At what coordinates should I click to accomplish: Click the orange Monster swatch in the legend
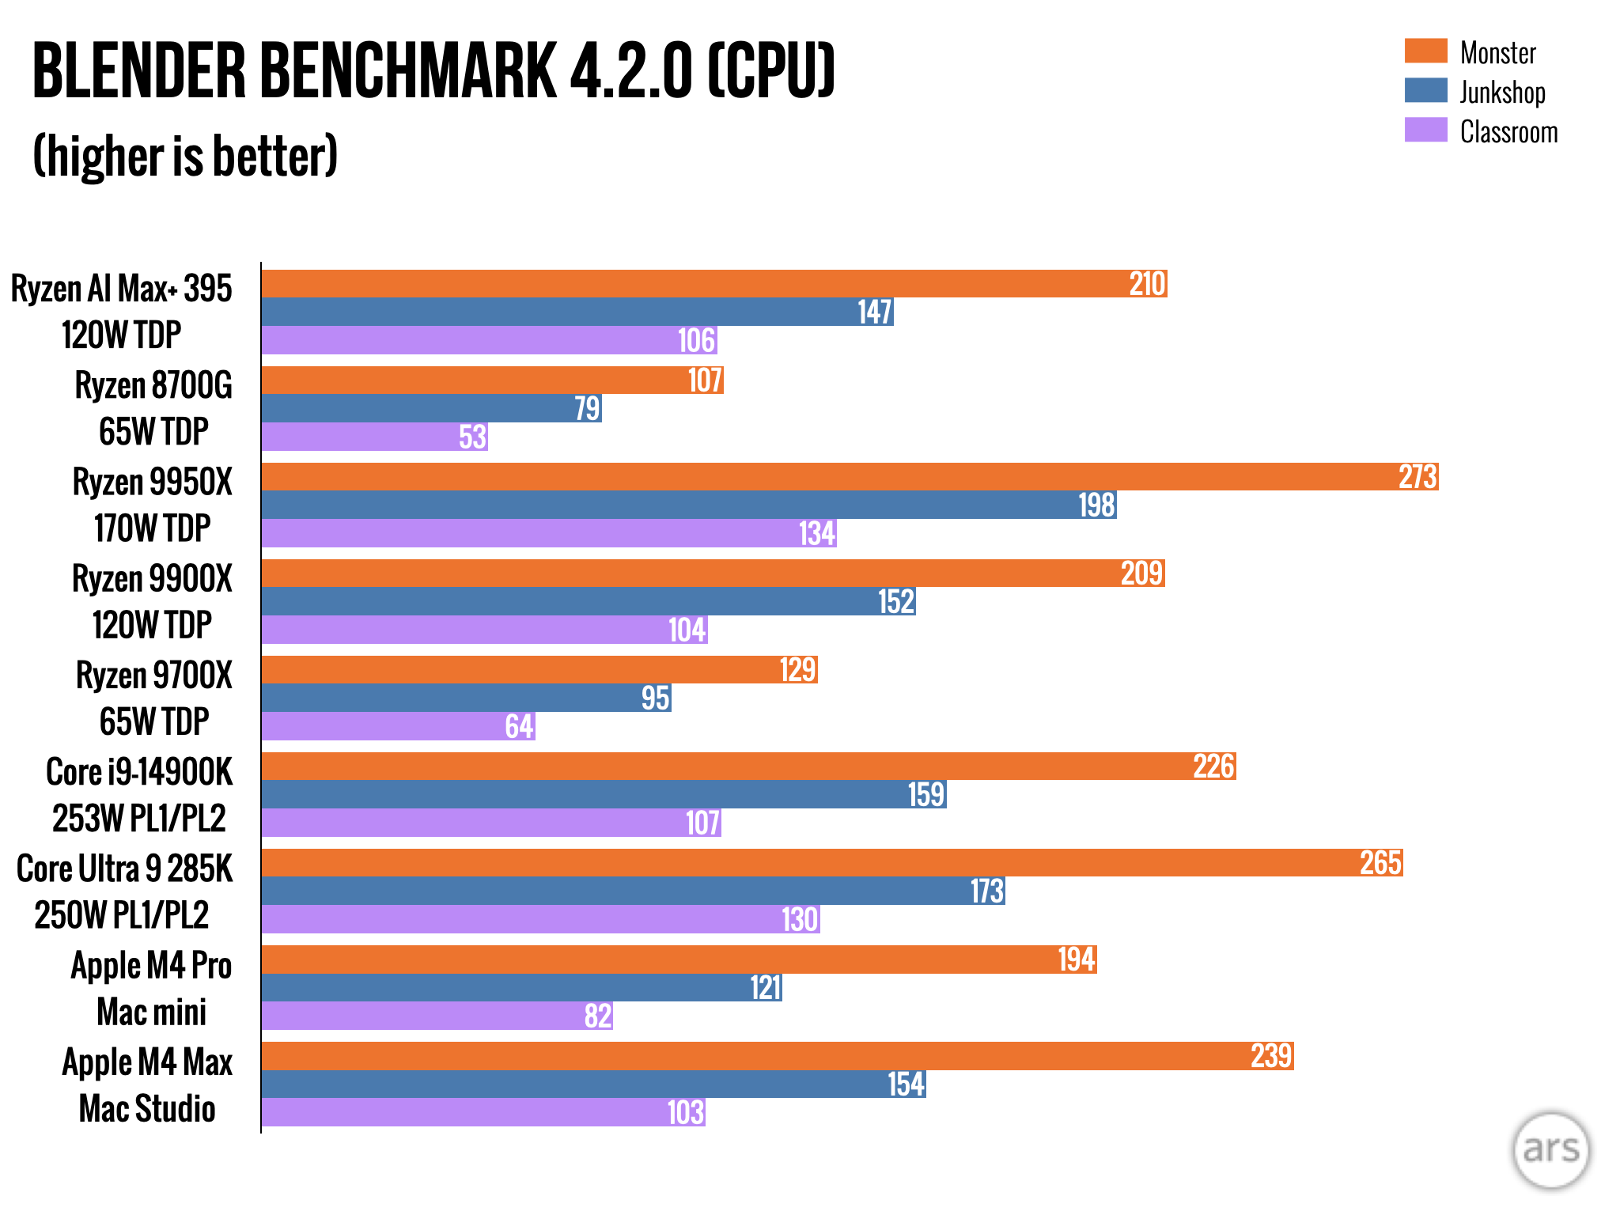click(1425, 51)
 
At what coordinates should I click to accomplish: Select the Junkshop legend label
click(1502, 92)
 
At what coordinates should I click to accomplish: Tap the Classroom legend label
click(1508, 131)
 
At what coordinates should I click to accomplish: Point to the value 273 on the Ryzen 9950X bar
click(1417, 477)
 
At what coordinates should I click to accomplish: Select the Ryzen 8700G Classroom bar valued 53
click(374, 437)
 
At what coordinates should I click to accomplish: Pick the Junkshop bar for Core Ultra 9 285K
click(633, 891)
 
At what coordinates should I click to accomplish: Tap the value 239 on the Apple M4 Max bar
click(1271, 1056)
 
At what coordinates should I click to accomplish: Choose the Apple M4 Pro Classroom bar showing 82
click(437, 1016)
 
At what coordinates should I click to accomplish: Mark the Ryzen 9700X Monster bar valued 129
click(539, 670)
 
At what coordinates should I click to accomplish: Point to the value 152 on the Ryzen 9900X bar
click(896, 602)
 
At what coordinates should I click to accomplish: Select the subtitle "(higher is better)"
click(185, 156)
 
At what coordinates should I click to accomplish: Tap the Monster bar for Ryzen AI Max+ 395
click(713, 284)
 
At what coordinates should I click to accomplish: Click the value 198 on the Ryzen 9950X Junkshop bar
click(1097, 505)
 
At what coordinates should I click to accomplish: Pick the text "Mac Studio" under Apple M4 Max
click(147, 1109)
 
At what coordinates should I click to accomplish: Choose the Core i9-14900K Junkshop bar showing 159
click(604, 794)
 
